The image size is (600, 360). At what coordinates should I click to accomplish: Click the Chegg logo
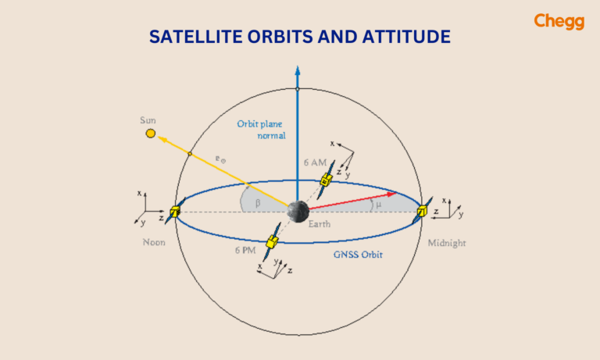pos(559,22)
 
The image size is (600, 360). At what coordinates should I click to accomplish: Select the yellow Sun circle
pos(150,134)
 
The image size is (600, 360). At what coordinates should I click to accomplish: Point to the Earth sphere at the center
pos(297,210)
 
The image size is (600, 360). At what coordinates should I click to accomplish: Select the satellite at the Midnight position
pos(422,211)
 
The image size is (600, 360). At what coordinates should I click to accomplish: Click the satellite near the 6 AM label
pos(326,180)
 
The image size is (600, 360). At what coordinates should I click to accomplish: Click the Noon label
pos(154,242)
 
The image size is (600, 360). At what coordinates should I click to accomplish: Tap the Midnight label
pos(446,243)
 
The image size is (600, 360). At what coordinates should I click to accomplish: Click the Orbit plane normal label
pos(262,130)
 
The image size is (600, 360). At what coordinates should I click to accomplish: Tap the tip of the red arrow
pos(397,193)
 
